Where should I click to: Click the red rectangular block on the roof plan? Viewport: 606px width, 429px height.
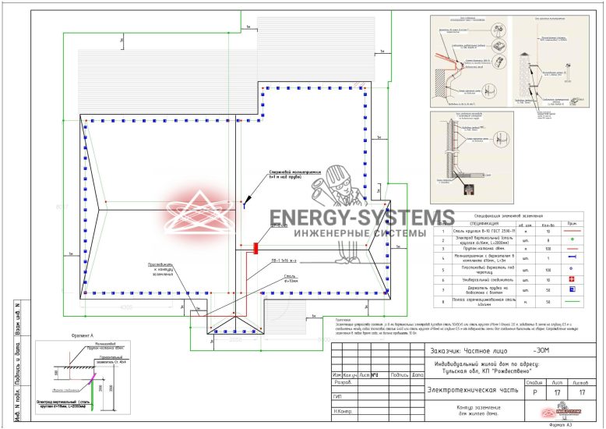[x=255, y=248]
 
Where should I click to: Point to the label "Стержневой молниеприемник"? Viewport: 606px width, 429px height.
[x=291, y=172]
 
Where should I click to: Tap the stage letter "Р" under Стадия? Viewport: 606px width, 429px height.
[x=534, y=394]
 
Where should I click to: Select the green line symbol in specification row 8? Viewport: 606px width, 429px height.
[x=572, y=300]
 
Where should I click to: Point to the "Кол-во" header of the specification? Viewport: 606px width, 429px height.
[x=548, y=225]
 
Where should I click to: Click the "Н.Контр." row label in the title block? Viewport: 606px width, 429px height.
[x=344, y=410]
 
